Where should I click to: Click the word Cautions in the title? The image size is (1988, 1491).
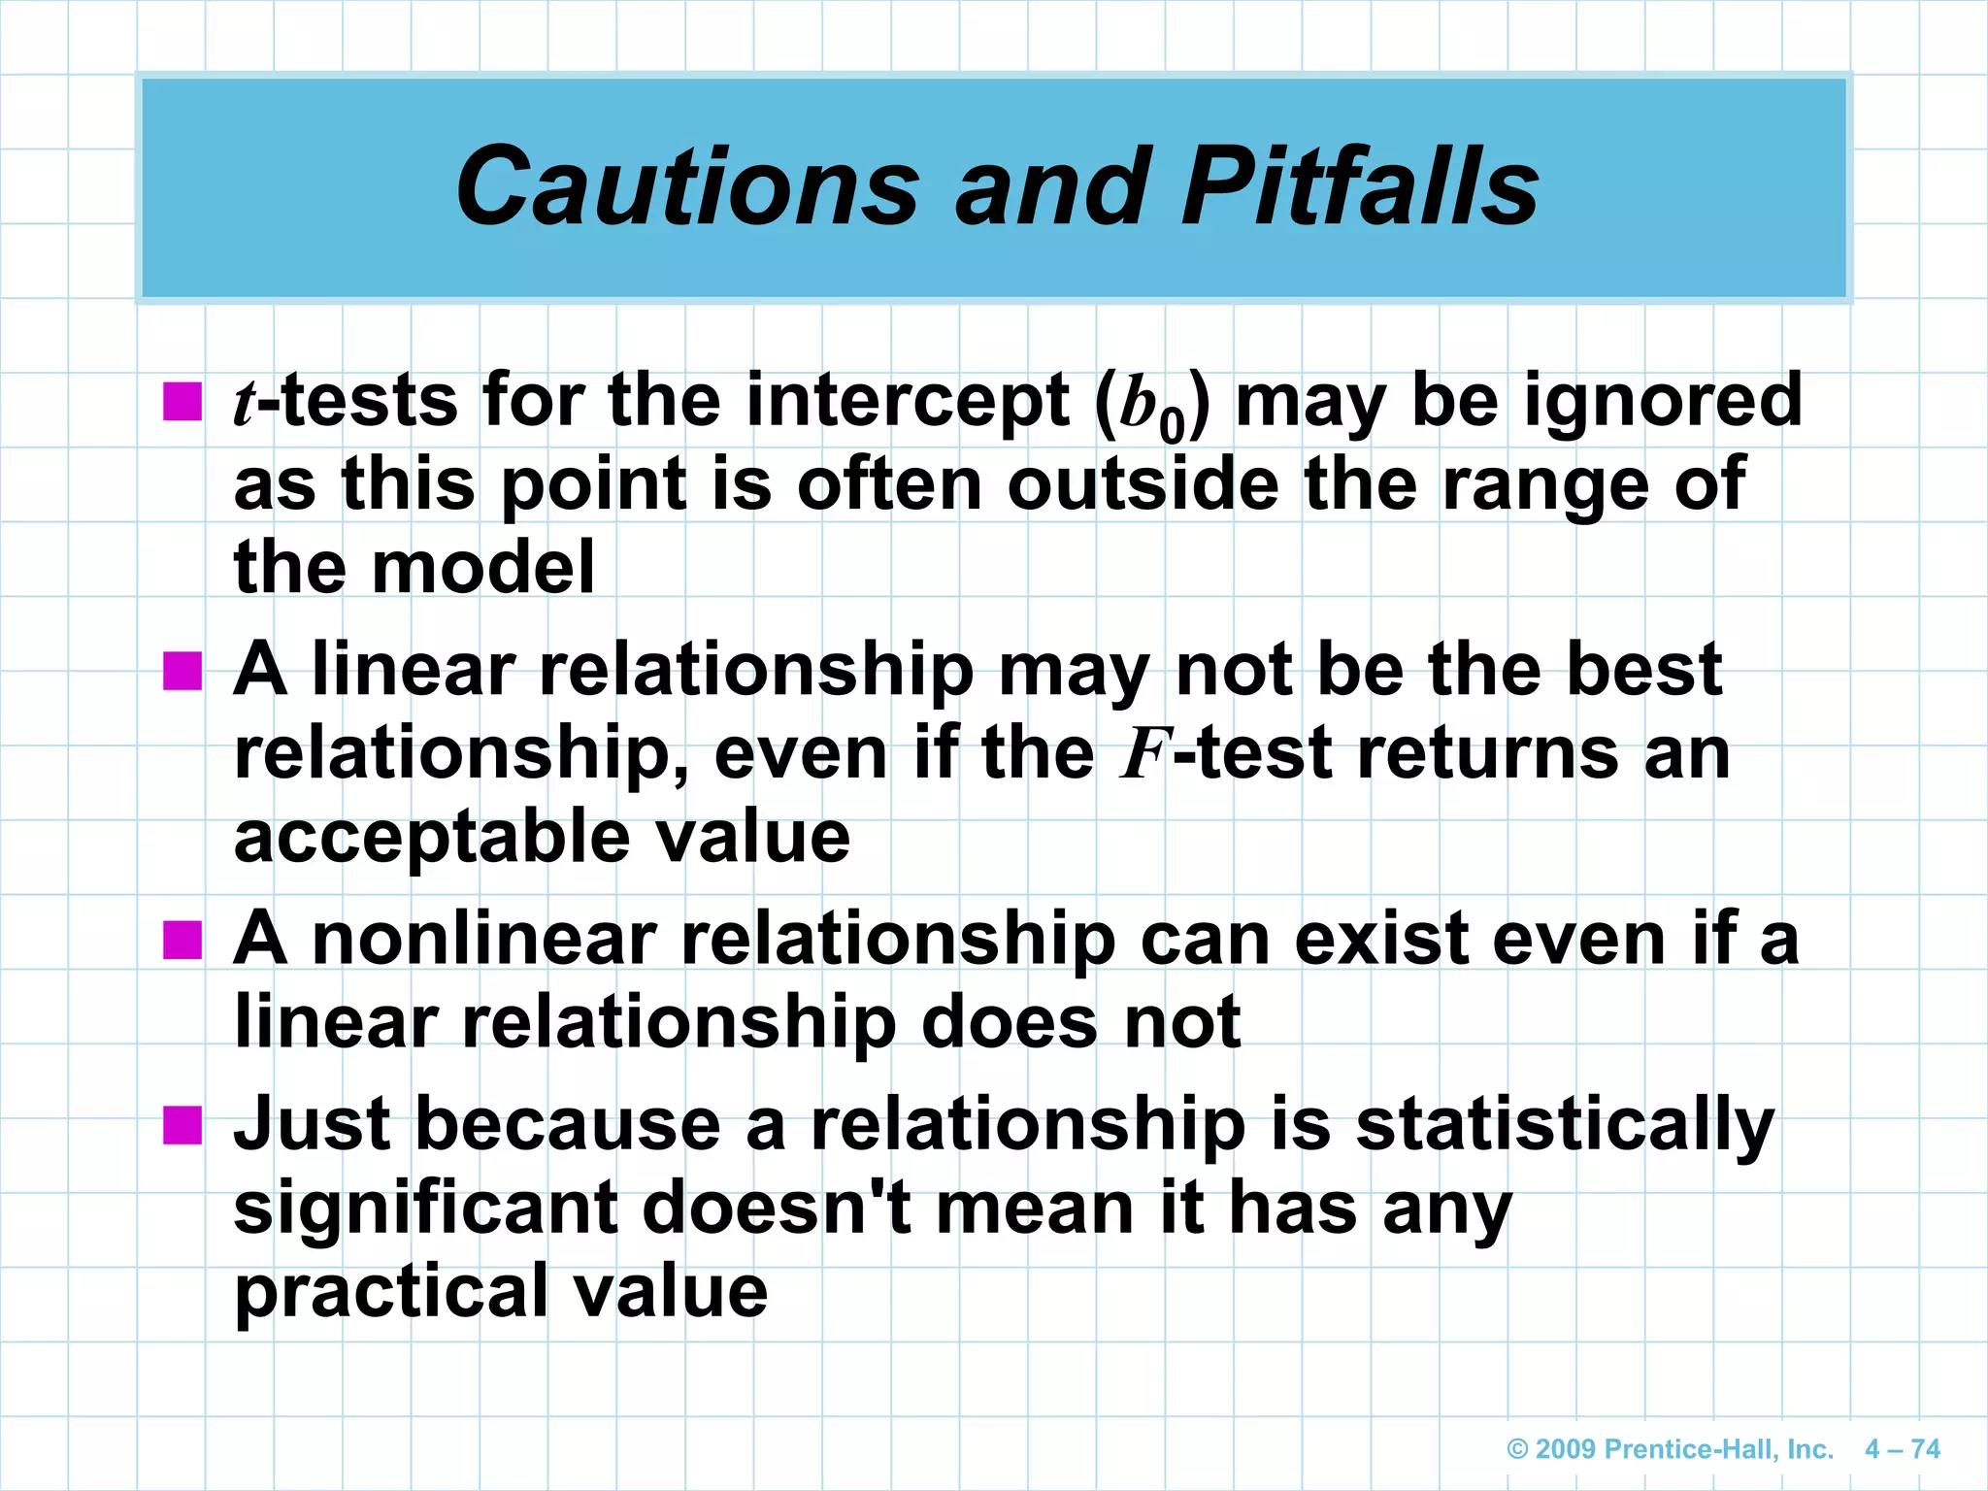click(x=687, y=186)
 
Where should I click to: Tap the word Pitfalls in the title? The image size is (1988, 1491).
click(x=1359, y=186)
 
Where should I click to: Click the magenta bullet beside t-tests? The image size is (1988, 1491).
click(x=182, y=401)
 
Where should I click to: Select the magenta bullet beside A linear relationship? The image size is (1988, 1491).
click(x=182, y=670)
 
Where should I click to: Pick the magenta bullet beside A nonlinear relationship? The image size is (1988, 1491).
click(x=182, y=940)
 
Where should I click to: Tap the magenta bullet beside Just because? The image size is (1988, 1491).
click(x=182, y=1125)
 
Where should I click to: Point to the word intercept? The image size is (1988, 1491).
click(x=907, y=402)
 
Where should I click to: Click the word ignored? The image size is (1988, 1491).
click(x=1663, y=402)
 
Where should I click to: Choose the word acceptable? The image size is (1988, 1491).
click(x=431, y=839)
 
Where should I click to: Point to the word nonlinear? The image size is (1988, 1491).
click(x=484, y=940)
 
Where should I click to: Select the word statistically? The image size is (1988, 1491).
click(x=1564, y=1127)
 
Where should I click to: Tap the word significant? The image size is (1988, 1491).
click(x=425, y=1209)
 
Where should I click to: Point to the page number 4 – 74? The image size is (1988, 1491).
click(x=1902, y=1449)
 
